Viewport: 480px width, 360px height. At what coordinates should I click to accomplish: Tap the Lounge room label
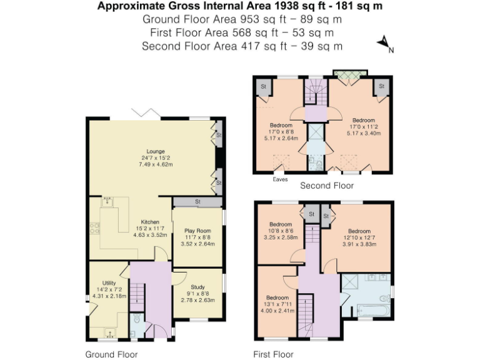pyautogui.click(x=156, y=151)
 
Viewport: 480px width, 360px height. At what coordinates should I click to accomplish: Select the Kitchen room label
pyautogui.click(x=149, y=222)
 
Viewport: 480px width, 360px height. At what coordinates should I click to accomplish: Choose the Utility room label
pyautogui.click(x=109, y=283)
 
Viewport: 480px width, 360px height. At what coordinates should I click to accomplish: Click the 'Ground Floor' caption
pyautogui.click(x=111, y=354)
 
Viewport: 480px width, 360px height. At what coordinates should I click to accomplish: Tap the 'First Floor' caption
pyautogui.click(x=273, y=354)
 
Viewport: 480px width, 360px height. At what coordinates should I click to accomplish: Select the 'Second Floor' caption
pyautogui.click(x=327, y=186)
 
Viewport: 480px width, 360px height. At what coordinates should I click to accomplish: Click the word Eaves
pyautogui.click(x=281, y=180)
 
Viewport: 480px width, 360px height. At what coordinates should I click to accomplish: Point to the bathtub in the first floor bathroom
pyautogui.click(x=371, y=309)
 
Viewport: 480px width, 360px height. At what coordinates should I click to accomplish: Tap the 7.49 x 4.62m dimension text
pyautogui.click(x=156, y=164)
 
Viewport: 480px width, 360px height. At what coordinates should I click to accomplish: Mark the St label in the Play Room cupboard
pyautogui.click(x=197, y=202)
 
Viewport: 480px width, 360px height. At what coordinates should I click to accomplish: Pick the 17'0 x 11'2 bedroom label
pyautogui.click(x=363, y=127)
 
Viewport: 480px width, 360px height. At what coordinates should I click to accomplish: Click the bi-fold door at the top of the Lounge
pyautogui.click(x=147, y=113)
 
